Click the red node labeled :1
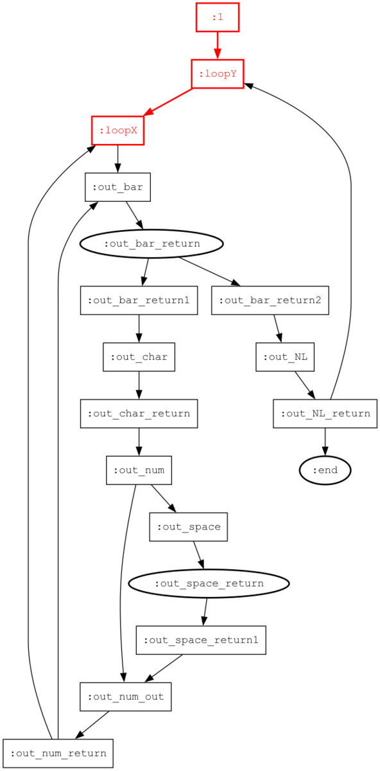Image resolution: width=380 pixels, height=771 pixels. coord(218,17)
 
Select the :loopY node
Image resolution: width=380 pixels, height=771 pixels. coord(218,74)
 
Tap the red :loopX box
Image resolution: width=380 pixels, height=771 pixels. coord(117,130)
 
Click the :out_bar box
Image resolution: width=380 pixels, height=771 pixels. coord(117,187)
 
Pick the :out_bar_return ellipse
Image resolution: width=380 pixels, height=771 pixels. coord(151,244)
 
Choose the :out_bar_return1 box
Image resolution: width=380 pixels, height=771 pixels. coord(139,300)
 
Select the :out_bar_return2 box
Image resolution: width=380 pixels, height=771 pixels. coord(270,300)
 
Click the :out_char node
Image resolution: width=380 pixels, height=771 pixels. coord(139,357)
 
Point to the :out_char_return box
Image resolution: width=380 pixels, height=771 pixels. coord(139,413)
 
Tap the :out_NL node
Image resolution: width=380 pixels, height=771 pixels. coord(285,357)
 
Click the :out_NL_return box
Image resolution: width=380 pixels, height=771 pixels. coord(325,413)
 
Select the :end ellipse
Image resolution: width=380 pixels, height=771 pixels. coord(325,470)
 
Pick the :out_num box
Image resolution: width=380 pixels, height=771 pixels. coord(139,470)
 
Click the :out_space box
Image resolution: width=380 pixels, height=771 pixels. coord(189,527)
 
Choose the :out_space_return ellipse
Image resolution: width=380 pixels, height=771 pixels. coord(209,583)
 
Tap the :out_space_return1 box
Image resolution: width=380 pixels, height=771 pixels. coord(201,640)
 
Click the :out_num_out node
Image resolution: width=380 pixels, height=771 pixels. coord(126,696)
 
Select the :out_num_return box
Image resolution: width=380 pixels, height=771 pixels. coord(58,753)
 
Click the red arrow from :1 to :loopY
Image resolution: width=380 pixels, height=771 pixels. coord(218,46)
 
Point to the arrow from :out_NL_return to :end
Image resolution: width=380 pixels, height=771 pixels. coord(325,442)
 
